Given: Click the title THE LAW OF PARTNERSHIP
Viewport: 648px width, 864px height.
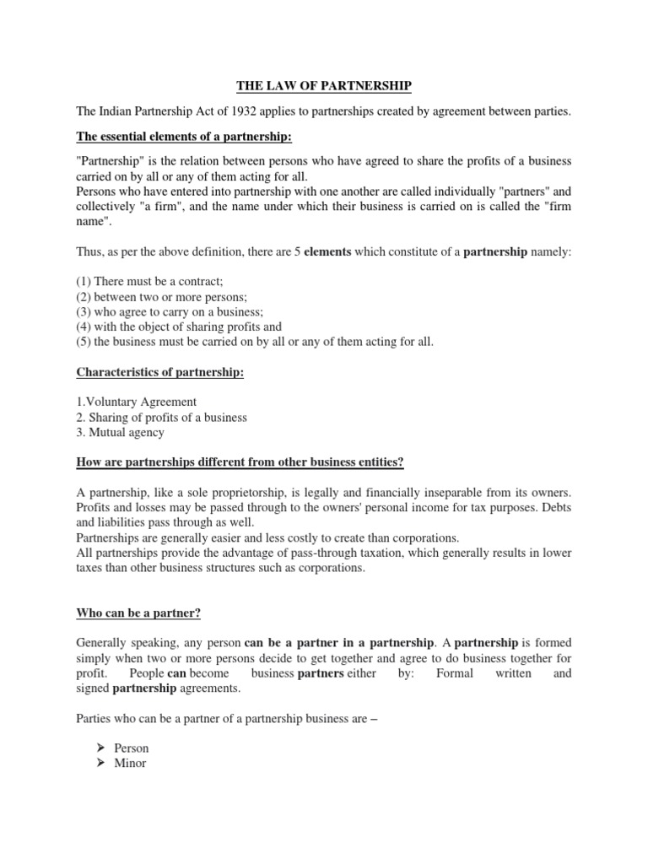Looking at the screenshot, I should pos(325,86).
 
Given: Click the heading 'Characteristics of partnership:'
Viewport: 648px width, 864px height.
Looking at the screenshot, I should pos(160,372).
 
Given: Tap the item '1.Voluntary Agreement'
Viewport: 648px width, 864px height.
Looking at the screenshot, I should pos(136,402).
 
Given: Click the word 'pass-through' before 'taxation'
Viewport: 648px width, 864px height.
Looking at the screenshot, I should pos(403,553).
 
